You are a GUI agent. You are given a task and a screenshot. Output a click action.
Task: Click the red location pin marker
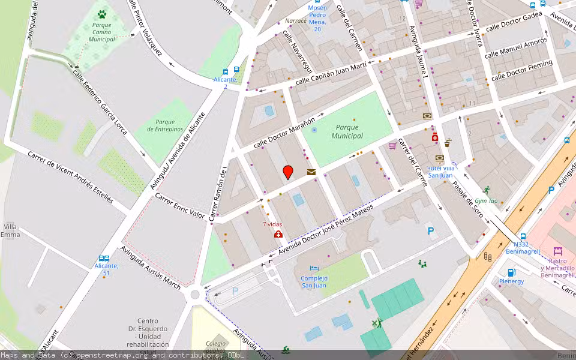coord(288,172)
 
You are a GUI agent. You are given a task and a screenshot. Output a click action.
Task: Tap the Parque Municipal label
coord(347,131)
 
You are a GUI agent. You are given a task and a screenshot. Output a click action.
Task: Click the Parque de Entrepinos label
coord(165,125)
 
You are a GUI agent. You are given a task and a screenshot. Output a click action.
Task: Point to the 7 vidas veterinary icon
coord(278,234)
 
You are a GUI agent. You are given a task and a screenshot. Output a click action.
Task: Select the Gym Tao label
coord(486,201)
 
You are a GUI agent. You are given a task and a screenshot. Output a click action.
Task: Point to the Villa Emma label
coord(10,230)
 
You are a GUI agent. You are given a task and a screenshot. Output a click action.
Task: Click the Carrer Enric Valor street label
coord(180,205)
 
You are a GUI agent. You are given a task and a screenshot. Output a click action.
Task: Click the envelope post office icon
coord(311,172)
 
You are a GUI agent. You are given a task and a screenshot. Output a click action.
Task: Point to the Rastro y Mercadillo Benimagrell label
coord(557,264)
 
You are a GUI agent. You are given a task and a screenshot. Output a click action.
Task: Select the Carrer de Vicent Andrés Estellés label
coord(70,177)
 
